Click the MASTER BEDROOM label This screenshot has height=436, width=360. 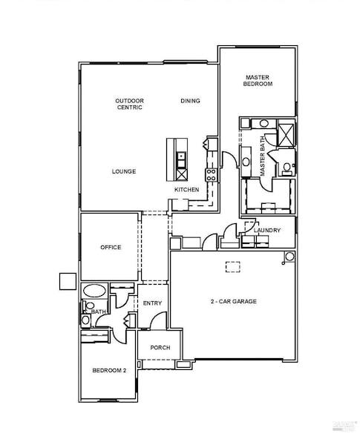pyautogui.click(x=258, y=81)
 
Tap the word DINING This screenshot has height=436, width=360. pyautogui.click(x=190, y=101)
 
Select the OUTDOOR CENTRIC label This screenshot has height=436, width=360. pyautogui.click(x=129, y=104)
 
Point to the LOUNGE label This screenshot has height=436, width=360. pyautogui.click(x=124, y=171)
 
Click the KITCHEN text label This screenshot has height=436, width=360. pyautogui.click(x=186, y=190)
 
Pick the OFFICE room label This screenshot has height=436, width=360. pyautogui.click(x=111, y=248)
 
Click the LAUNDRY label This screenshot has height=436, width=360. pyautogui.click(x=267, y=231)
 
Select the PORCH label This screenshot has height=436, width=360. pyautogui.click(x=160, y=347)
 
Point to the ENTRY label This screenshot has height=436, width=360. pyautogui.click(x=152, y=303)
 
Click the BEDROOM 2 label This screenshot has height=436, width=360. pyautogui.click(x=108, y=370)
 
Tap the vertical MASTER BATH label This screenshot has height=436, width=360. pyautogui.click(x=263, y=155)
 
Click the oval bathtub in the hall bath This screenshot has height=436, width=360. pyautogui.click(x=94, y=291)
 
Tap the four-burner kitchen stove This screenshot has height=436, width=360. pyautogui.click(x=212, y=175)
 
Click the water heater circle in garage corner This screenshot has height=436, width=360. pyautogui.click(x=289, y=257)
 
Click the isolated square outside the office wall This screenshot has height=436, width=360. pyautogui.click(x=68, y=281)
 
